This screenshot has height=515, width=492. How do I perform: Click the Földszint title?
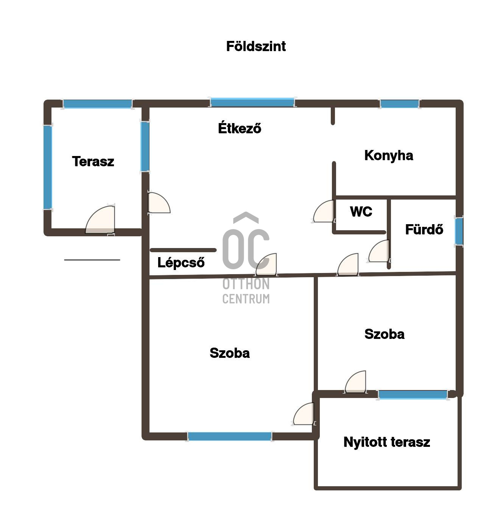point(255,46)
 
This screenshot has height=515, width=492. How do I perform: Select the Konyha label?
point(388,156)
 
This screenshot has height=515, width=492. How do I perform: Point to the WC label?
point(361,211)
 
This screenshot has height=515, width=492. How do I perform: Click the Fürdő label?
point(424,229)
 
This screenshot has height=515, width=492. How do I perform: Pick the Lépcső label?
point(181,262)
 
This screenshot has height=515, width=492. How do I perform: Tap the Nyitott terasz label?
point(386,442)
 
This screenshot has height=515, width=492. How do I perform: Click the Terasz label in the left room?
point(93,161)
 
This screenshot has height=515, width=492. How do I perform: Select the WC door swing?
point(324,211)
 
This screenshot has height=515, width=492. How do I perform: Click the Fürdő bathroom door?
point(379,251)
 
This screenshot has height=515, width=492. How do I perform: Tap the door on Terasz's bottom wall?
point(100,219)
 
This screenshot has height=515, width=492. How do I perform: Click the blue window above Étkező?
point(252,102)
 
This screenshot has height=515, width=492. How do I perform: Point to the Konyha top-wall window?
point(399,104)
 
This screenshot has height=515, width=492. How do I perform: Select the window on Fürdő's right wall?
point(459,231)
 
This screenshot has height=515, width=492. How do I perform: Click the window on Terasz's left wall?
point(48,167)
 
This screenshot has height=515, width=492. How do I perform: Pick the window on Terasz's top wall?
point(97,104)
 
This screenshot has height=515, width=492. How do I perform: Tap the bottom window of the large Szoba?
point(229,436)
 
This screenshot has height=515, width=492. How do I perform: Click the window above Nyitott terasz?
point(413,394)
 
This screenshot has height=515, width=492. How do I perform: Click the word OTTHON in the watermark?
point(246,284)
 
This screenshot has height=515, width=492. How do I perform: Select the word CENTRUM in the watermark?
point(246,298)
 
